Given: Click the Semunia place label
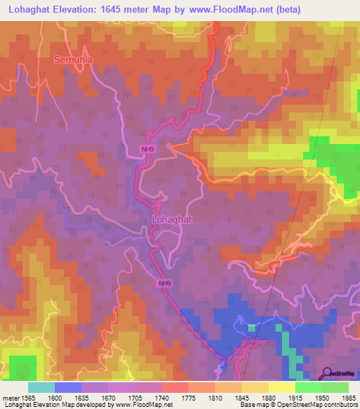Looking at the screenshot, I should tap(73, 60).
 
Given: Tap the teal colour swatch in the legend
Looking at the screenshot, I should tap(41, 387).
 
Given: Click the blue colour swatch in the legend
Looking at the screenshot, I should tap(68, 387).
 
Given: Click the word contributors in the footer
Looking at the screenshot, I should tap(341, 405).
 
